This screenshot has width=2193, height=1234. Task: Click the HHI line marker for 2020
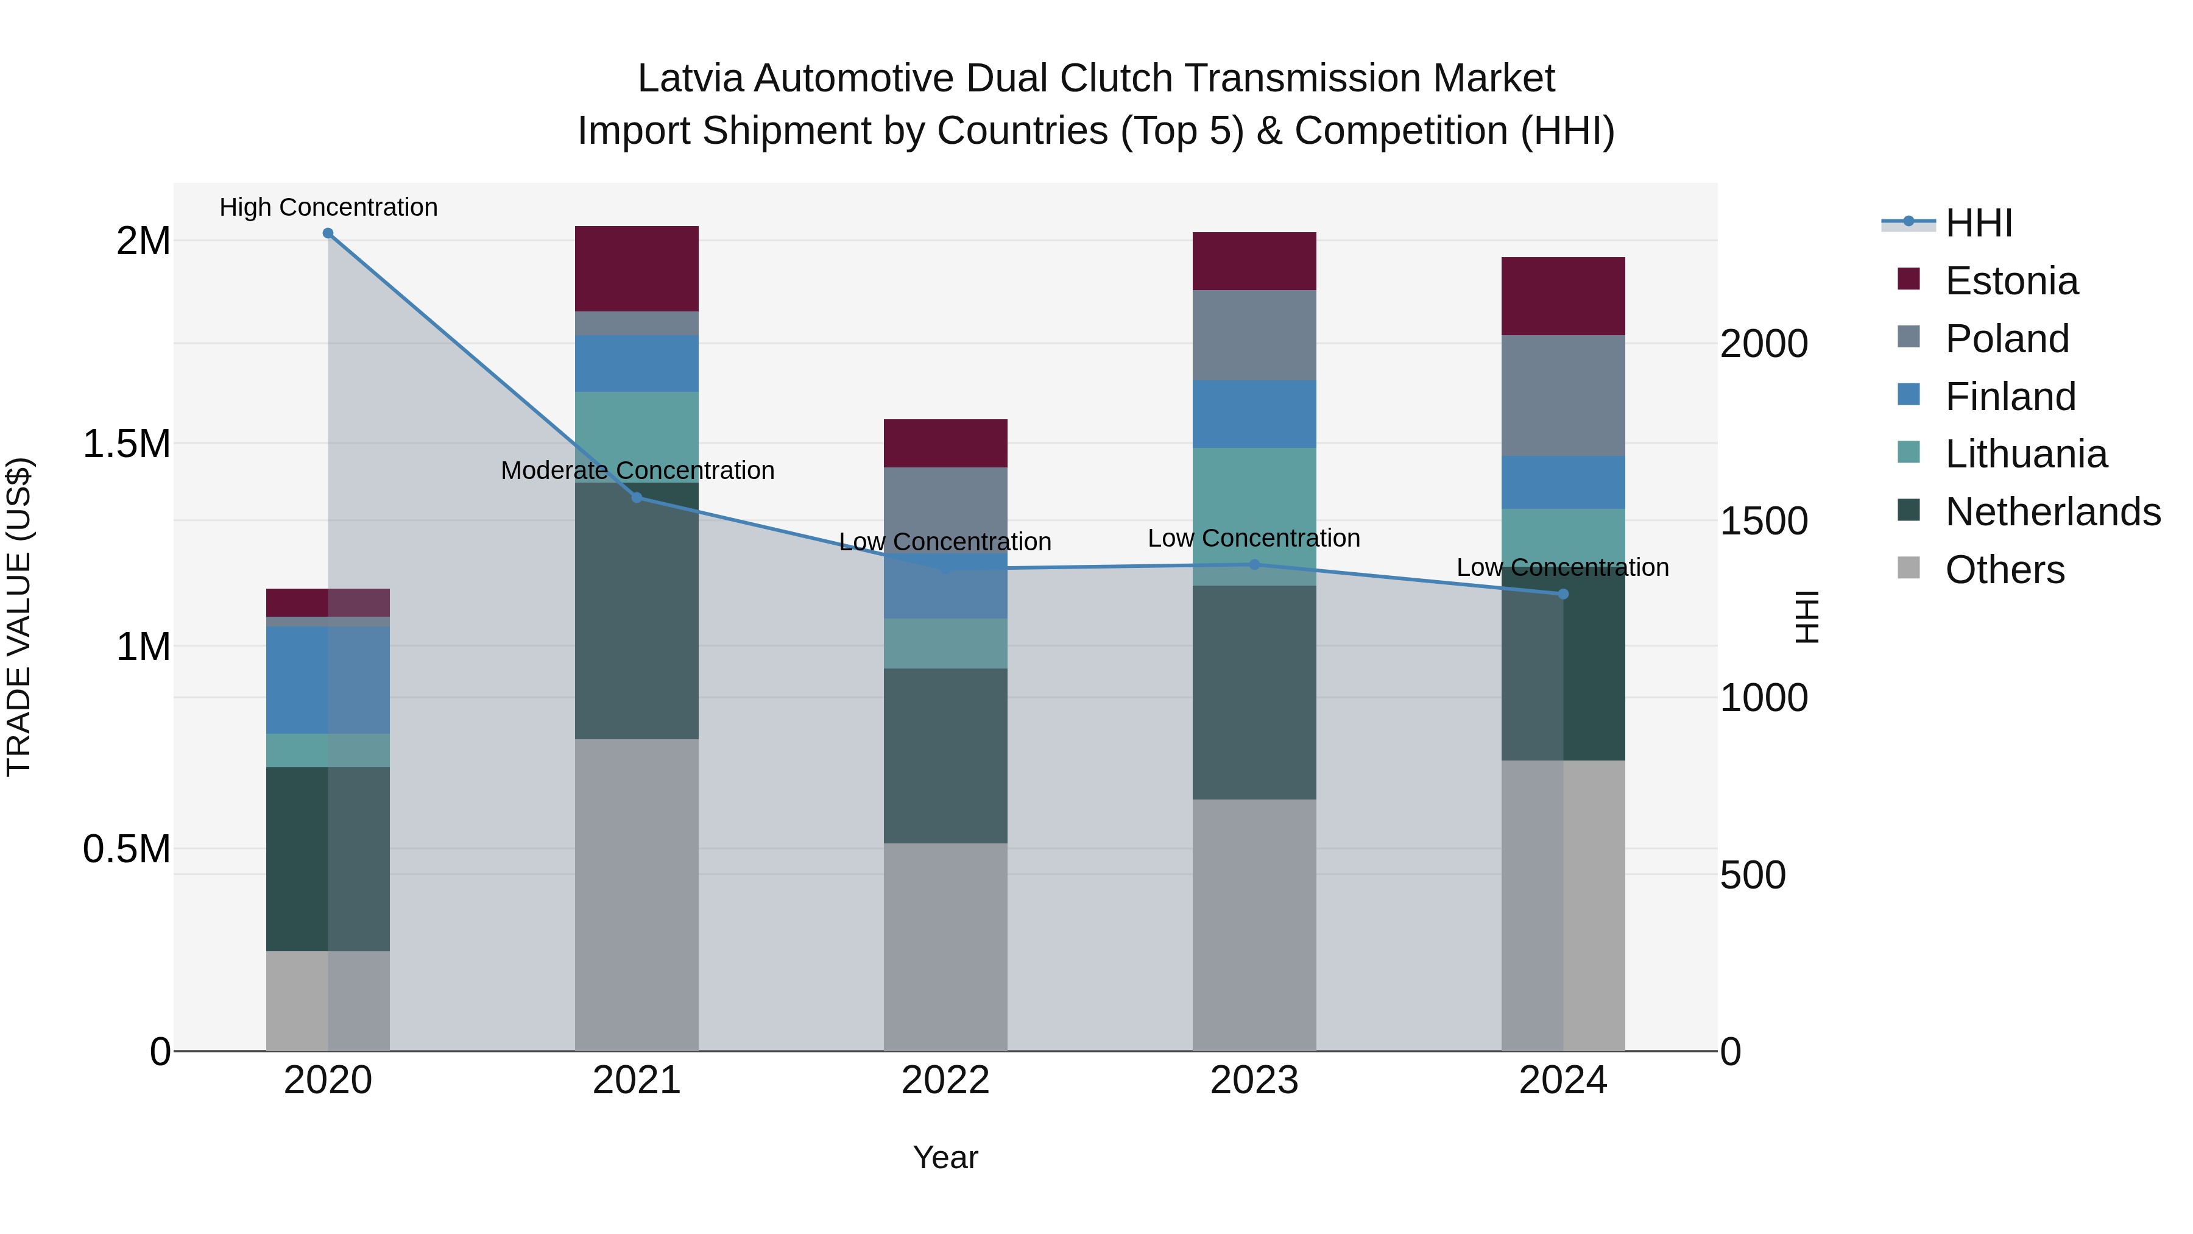(328, 233)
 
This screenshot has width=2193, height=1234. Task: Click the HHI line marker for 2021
(637, 497)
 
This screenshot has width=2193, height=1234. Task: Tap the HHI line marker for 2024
(1563, 594)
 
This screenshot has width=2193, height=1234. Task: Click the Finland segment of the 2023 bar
(1254, 414)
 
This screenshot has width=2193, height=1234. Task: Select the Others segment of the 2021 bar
(637, 894)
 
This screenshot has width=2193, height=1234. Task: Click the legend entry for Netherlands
(2052, 512)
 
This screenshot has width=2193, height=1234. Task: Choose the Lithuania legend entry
(2025, 454)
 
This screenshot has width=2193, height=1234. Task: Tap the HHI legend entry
(1979, 223)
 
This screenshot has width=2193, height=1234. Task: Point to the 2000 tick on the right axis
(1763, 344)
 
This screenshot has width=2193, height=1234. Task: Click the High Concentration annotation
(328, 207)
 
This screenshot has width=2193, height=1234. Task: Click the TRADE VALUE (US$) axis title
(19, 617)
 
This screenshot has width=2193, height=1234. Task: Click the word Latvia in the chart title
(690, 79)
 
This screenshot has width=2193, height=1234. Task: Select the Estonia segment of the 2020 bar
(328, 602)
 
